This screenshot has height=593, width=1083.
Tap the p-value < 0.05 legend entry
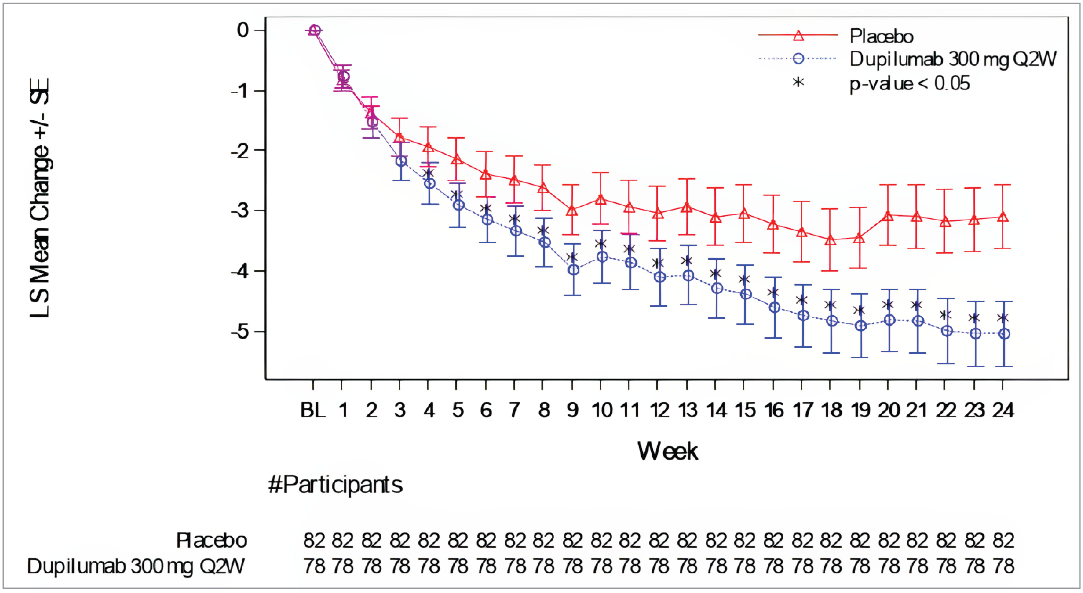pyautogui.click(x=909, y=83)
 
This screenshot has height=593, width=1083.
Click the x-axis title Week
pyautogui.click(x=667, y=451)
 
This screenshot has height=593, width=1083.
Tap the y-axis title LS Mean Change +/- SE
pyautogui.click(x=40, y=197)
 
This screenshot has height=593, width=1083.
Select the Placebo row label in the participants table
pyautogui.click(x=211, y=540)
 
